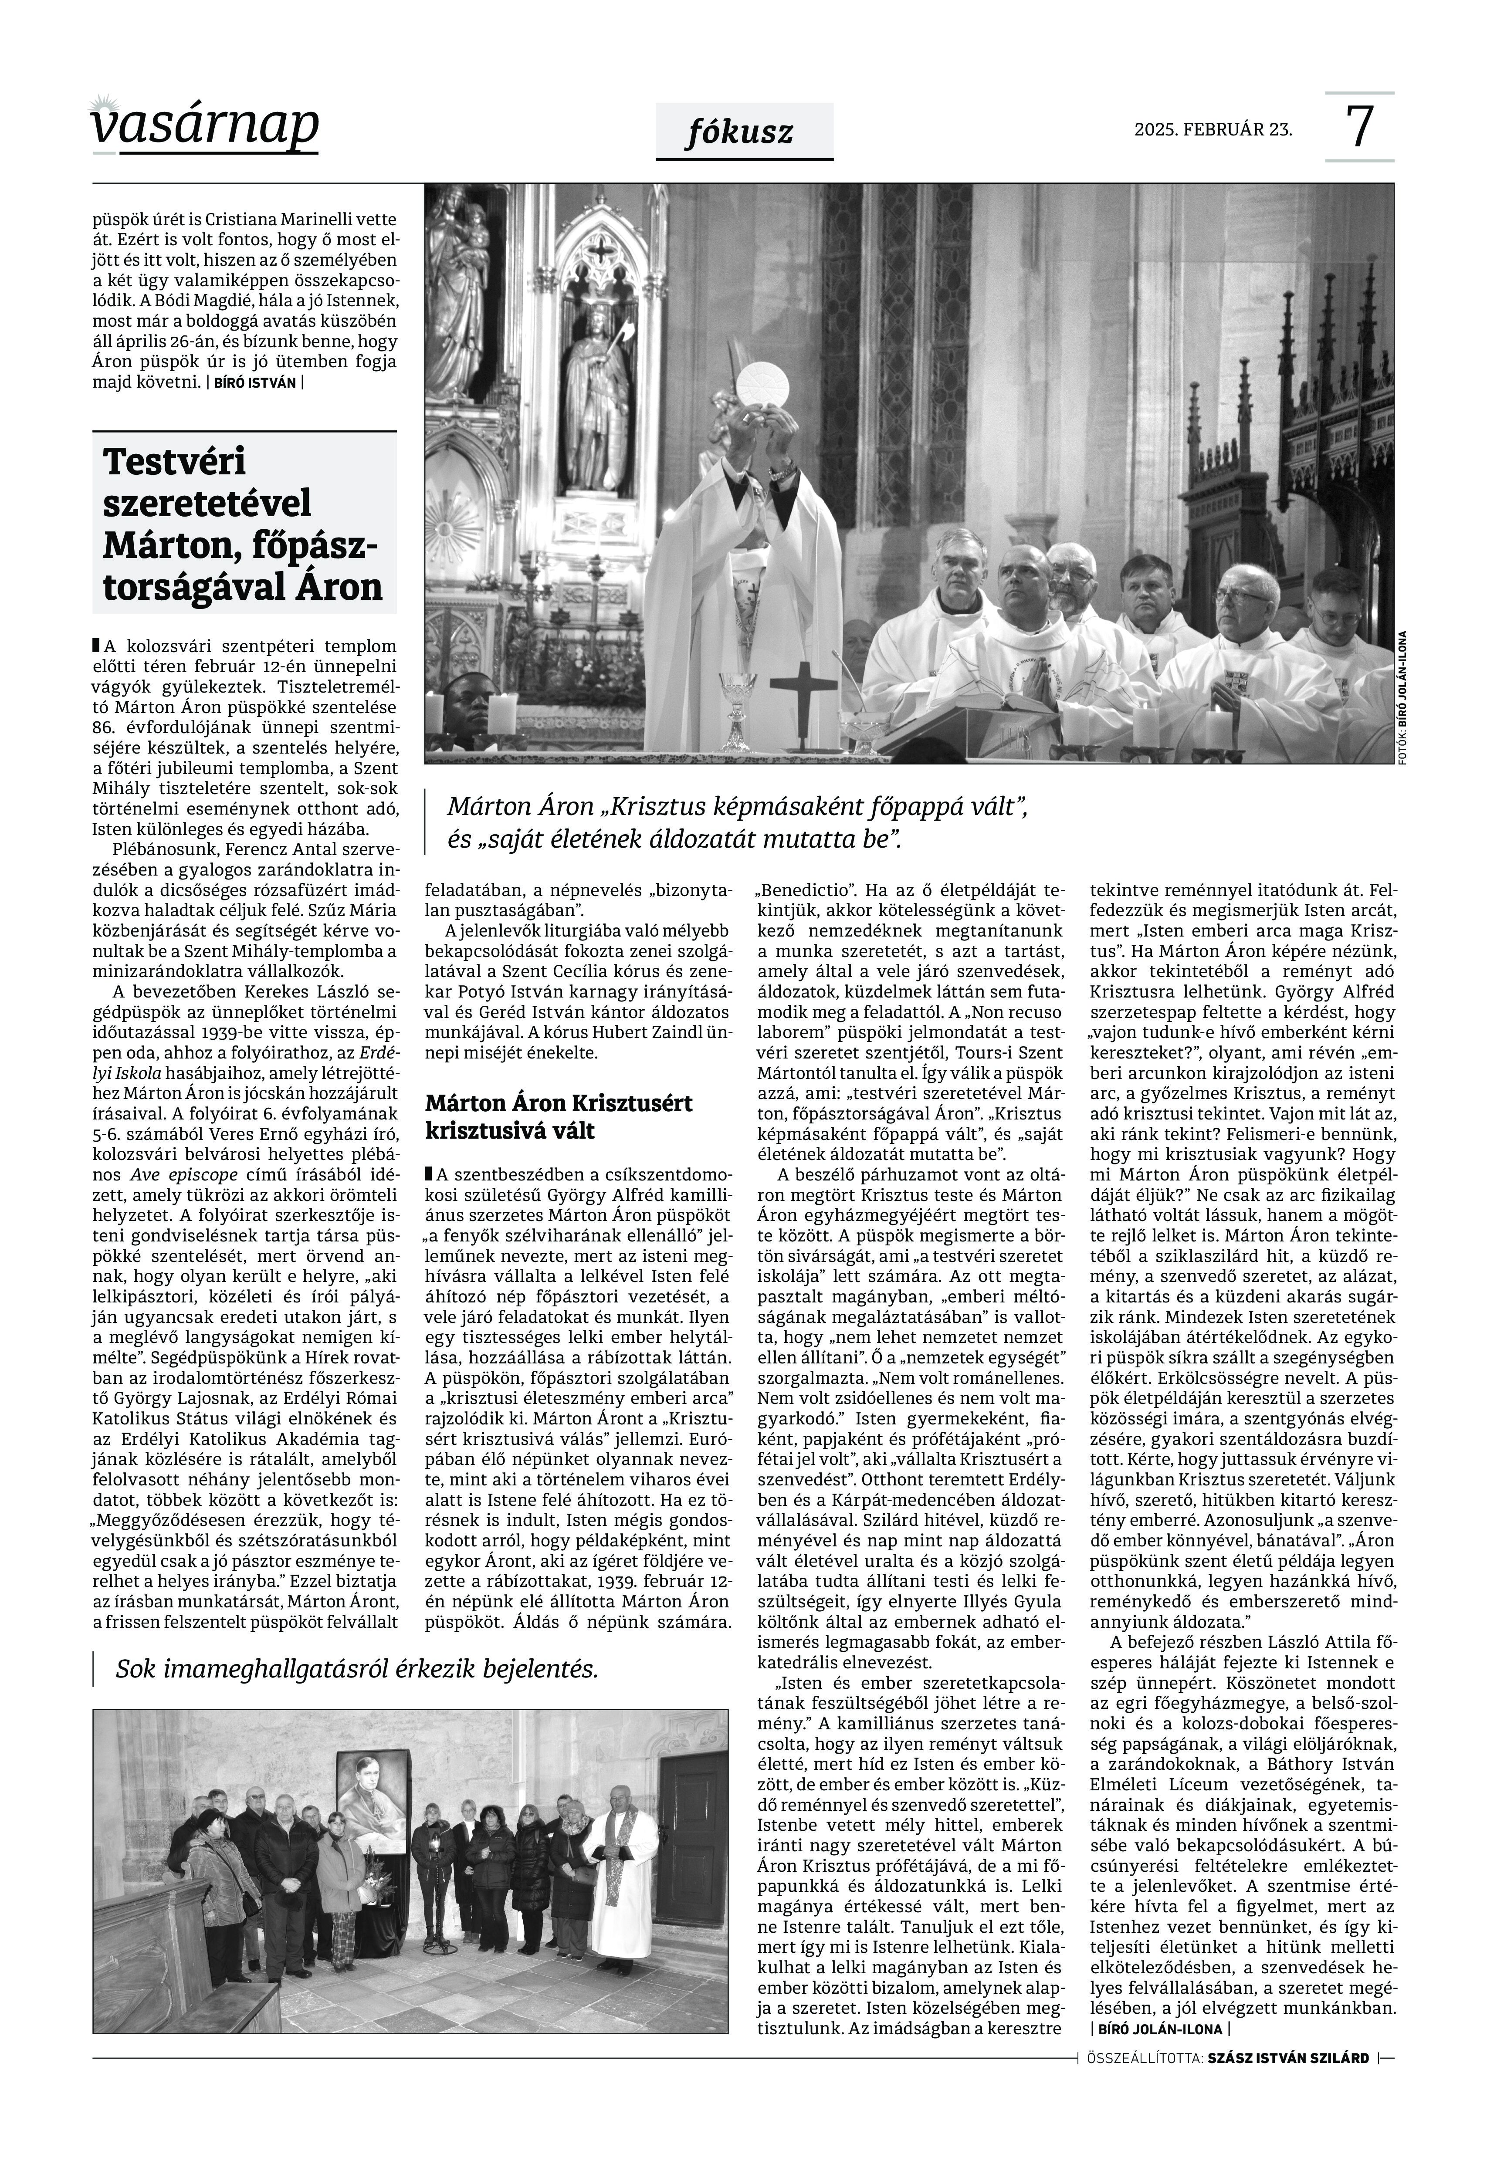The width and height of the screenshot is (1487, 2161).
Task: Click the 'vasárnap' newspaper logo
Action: tap(205, 126)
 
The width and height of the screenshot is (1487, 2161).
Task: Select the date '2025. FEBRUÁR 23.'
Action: tap(1213, 129)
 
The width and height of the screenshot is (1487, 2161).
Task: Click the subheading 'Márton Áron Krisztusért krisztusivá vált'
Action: tap(559, 1117)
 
